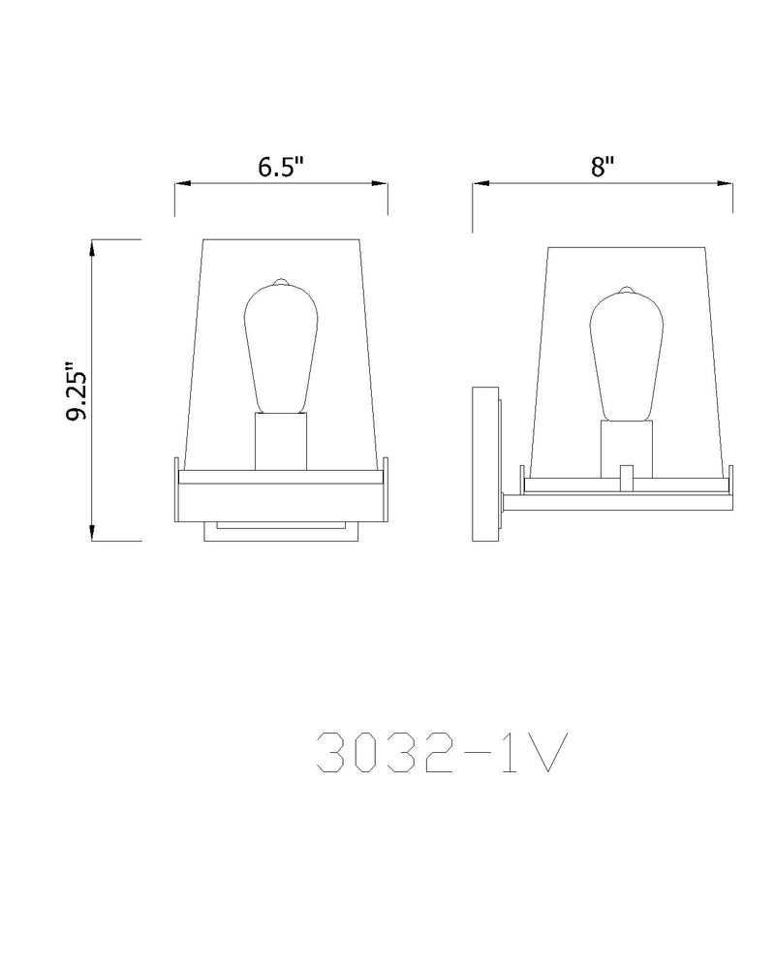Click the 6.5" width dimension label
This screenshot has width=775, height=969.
click(x=281, y=167)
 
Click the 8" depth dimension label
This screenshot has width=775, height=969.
click(x=602, y=167)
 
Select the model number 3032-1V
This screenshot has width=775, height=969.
click(x=442, y=753)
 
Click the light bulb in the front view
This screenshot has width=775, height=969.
click(x=281, y=346)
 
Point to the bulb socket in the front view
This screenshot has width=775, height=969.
click(x=281, y=441)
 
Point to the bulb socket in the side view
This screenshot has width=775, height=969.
click(x=627, y=450)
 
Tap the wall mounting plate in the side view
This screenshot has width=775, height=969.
click(x=485, y=463)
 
